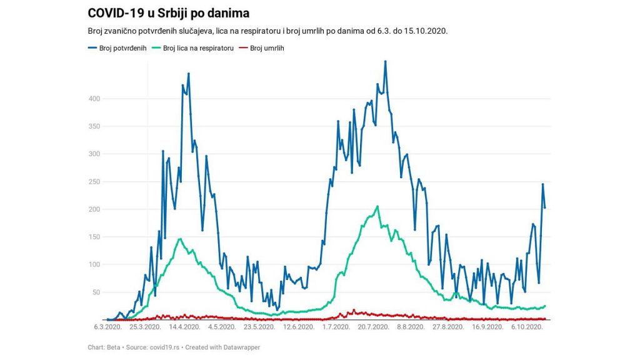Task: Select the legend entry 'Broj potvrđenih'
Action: [122, 48]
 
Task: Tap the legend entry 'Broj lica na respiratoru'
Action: [198, 48]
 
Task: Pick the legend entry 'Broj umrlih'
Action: [267, 48]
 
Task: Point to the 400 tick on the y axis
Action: [94, 99]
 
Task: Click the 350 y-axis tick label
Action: [94, 126]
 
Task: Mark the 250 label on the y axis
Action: [94, 181]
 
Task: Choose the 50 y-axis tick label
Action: [96, 292]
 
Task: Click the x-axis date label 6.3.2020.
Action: [107, 327]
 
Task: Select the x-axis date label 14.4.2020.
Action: [184, 327]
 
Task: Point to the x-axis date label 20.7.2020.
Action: [373, 327]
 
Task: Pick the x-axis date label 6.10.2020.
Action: [527, 327]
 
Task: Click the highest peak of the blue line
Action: [385, 61]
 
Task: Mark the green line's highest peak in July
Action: [377, 206]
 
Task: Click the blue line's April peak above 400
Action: [188, 74]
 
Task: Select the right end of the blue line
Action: [545, 207]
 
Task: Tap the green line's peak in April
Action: [180, 239]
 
